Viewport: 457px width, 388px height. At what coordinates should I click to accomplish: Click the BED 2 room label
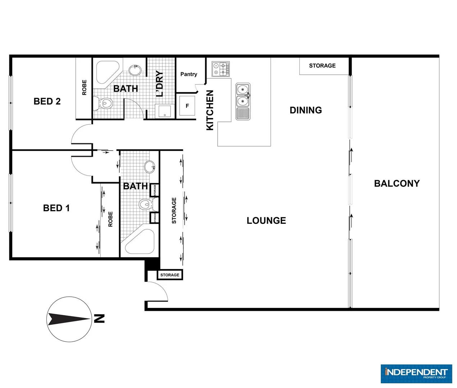tap(47, 101)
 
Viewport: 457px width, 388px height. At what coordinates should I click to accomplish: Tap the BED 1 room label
tap(56, 208)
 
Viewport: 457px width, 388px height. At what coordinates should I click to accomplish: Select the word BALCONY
tap(397, 184)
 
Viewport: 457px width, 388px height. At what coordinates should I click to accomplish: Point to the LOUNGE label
tap(266, 221)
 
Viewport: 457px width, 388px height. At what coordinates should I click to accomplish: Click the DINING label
tap(306, 110)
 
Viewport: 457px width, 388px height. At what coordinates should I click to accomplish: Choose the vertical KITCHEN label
tap(210, 110)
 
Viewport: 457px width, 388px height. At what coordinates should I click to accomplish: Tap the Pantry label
tap(189, 74)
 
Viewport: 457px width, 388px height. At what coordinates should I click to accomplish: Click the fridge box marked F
tap(187, 106)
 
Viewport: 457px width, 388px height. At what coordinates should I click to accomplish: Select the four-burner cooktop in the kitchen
tap(221, 69)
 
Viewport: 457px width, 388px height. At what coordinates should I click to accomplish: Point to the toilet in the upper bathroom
tap(105, 104)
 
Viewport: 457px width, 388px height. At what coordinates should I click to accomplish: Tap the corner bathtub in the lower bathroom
tap(140, 241)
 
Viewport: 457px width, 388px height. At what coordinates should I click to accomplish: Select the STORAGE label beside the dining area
tap(322, 66)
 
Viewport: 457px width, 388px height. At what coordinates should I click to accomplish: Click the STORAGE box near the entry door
tap(170, 275)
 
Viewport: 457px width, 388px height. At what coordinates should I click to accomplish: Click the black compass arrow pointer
tap(68, 319)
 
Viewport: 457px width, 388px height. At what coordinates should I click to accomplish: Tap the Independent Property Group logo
tap(416, 374)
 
